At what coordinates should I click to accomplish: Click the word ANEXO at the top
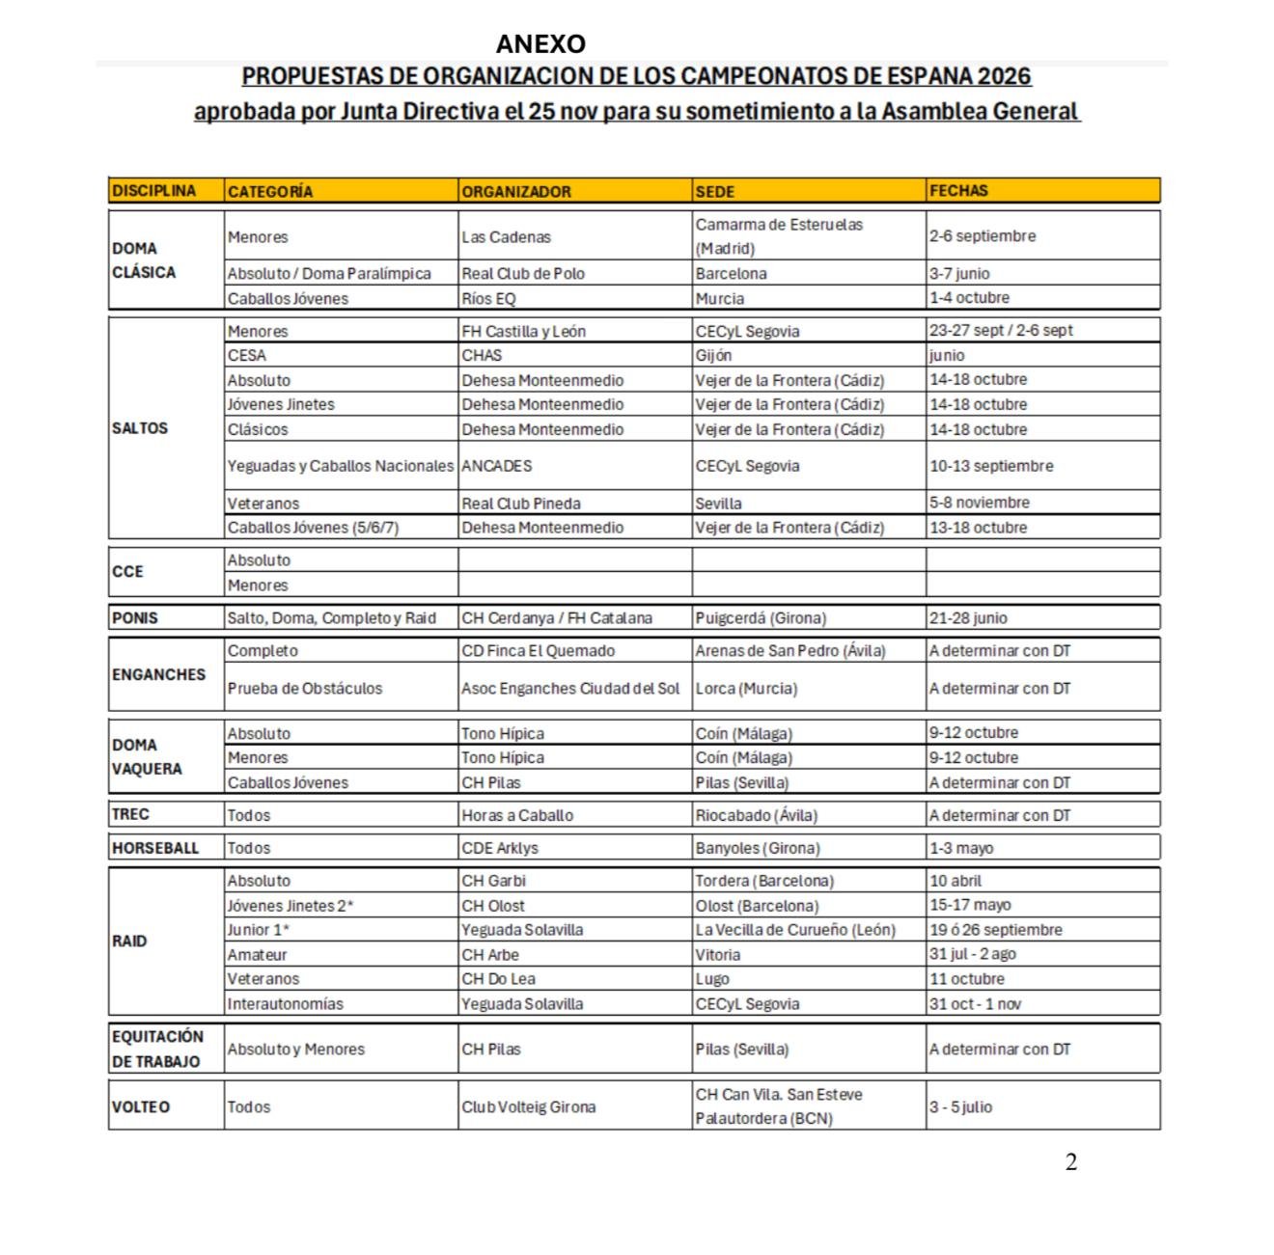tap(540, 44)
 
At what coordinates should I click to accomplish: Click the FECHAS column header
tap(958, 191)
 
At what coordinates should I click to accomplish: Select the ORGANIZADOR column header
tap(516, 191)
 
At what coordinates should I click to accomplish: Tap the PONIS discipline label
tap(135, 617)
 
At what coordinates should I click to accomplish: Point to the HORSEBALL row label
tap(155, 848)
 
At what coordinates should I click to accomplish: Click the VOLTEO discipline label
tap(141, 1106)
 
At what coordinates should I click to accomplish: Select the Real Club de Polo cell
tap(523, 273)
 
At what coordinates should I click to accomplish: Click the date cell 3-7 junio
tap(959, 273)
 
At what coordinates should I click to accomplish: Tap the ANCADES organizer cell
tap(497, 466)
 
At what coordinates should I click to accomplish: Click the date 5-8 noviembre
tap(980, 503)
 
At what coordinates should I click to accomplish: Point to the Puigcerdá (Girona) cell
tap(761, 617)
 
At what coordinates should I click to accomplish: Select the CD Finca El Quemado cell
tap(538, 650)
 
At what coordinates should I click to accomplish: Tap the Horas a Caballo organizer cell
tap(517, 815)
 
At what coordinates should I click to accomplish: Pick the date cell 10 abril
tap(955, 881)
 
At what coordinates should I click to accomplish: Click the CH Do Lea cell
tap(498, 979)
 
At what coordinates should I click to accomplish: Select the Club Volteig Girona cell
tap(528, 1106)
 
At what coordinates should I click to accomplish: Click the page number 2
tap(1071, 1162)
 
